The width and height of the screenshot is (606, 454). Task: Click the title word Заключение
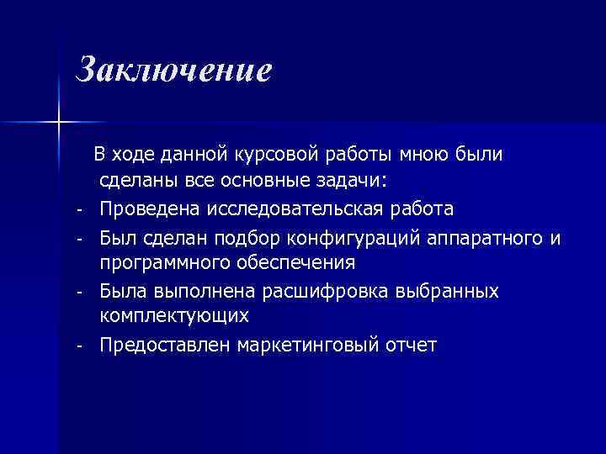(x=173, y=70)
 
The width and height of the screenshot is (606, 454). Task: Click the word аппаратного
(x=481, y=236)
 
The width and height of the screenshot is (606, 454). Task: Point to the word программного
(x=157, y=263)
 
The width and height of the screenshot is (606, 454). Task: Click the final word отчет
(x=410, y=346)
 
